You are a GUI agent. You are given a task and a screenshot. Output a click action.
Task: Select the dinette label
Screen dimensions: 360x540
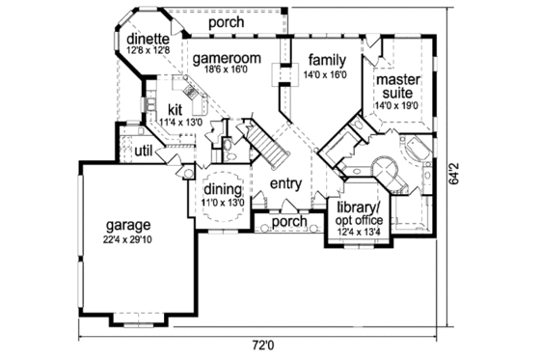coord(148,40)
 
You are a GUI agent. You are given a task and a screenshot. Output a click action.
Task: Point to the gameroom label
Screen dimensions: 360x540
coord(229,59)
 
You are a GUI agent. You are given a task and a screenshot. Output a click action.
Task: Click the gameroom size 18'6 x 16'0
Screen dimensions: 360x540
coord(229,71)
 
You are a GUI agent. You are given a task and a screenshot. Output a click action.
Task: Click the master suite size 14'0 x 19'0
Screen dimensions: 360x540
coord(395,104)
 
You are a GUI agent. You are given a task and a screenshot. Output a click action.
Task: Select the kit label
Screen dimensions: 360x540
coord(176,109)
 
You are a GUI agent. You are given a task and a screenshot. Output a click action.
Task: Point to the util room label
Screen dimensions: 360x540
coord(143,151)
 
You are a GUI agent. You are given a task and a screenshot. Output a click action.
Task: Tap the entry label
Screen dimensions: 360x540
coord(286,183)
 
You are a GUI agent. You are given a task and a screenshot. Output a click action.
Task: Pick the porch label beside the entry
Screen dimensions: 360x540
coord(289,222)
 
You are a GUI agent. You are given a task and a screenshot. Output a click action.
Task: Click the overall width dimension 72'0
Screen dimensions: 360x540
coord(263,345)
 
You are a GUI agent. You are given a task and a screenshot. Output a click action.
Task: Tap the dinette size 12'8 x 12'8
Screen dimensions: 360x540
coord(148,51)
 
